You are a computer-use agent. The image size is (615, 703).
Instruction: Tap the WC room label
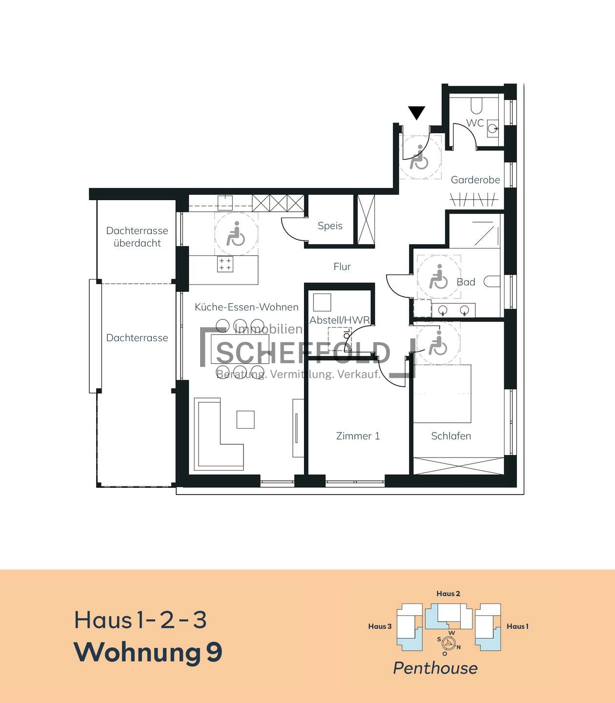[x=475, y=123]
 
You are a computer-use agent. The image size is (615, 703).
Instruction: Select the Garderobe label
[x=475, y=180]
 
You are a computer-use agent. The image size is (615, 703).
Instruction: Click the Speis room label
[x=330, y=226]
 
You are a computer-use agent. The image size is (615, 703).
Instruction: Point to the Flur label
[x=342, y=266]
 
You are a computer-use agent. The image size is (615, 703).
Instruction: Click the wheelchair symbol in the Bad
[x=438, y=276]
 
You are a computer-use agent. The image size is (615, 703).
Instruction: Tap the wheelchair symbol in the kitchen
[x=235, y=234]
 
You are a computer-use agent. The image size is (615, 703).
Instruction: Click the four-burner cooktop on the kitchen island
[x=225, y=264]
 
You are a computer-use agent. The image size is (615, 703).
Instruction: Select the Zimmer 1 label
[x=358, y=435]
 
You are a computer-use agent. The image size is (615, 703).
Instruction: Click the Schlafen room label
[x=451, y=435]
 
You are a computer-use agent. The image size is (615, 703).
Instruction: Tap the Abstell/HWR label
[x=340, y=320]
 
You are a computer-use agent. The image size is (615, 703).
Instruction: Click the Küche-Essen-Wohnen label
[x=246, y=307]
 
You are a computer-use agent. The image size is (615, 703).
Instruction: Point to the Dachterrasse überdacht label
[x=137, y=237]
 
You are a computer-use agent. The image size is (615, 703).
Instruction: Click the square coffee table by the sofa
[x=246, y=419]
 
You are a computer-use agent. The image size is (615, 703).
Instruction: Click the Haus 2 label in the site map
[x=448, y=593]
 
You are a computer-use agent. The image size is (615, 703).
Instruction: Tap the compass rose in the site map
[x=449, y=642]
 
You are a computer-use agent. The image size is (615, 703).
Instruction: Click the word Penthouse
[x=435, y=668]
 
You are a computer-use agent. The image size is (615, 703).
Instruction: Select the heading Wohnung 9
[x=148, y=652]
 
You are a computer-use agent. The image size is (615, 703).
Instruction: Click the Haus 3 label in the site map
[x=380, y=626]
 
